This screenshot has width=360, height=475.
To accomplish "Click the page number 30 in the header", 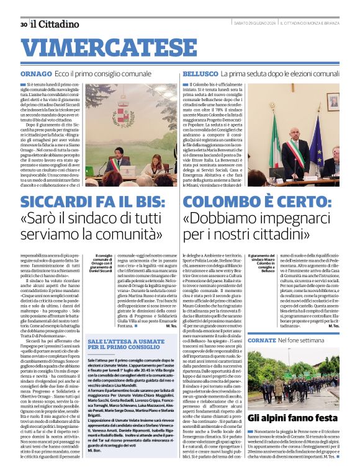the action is point(23,24).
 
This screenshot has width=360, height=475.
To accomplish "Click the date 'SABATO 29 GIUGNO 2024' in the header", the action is point(254,24).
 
